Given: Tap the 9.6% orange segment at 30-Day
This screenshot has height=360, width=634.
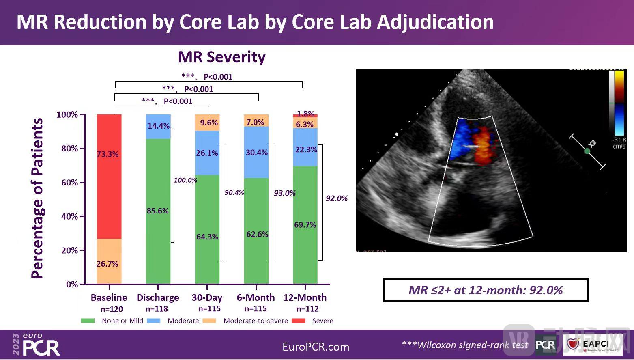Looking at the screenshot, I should coord(207,123).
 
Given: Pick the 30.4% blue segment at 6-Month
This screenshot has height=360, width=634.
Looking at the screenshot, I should coord(256,153).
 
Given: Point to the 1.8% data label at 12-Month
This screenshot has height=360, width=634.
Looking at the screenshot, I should coord(305,114).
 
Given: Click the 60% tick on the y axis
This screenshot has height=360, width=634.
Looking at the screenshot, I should coord(70,183).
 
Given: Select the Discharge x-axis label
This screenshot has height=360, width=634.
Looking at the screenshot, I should coord(158,297).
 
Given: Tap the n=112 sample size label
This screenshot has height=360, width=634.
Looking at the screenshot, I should coord(307,309).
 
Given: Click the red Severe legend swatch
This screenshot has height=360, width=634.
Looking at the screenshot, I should coord(299,321).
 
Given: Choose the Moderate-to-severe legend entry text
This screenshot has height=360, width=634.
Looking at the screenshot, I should coord(256,321).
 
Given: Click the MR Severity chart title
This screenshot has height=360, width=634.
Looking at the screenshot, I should coord(221,57).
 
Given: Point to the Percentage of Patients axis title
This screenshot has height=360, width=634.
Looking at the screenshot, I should coord(37,198).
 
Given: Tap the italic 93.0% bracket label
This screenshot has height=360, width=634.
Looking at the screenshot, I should coord(284,193).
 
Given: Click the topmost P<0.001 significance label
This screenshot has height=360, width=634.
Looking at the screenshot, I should coord(218,77).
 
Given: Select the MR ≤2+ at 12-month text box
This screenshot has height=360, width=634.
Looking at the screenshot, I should coord(486,290).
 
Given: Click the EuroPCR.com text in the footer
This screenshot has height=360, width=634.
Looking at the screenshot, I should coord(316,347).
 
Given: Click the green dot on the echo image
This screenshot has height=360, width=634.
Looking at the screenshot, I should coord(587,151).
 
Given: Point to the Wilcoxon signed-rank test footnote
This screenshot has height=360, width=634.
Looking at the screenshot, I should coord(465,345).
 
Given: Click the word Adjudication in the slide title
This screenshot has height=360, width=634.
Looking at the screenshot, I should coord(435,22).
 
